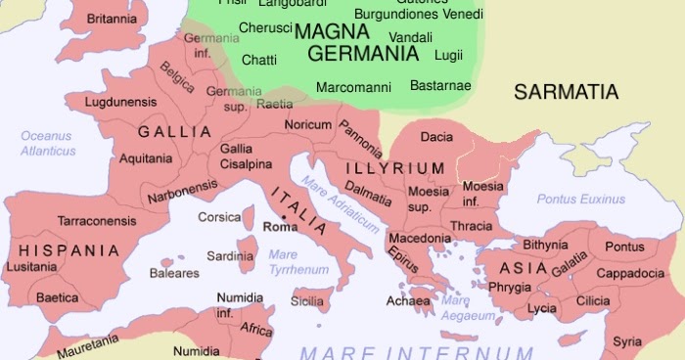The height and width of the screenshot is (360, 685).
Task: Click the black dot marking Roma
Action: (x=282, y=216)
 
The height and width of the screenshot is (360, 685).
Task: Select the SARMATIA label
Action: (x=567, y=93)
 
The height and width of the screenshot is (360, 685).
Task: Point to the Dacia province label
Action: (x=436, y=137)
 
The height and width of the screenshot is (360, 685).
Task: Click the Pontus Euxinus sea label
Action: (x=582, y=199)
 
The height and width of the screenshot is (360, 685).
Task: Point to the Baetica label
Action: (x=57, y=297)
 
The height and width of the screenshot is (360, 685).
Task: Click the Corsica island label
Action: (x=219, y=217)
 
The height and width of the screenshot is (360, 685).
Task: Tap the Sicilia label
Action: (x=307, y=302)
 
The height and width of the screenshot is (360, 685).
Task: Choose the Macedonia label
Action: (x=420, y=238)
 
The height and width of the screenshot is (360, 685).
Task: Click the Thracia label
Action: (x=472, y=227)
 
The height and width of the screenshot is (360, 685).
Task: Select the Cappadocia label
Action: (x=631, y=273)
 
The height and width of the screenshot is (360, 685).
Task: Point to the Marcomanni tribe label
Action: (x=349, y=86)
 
